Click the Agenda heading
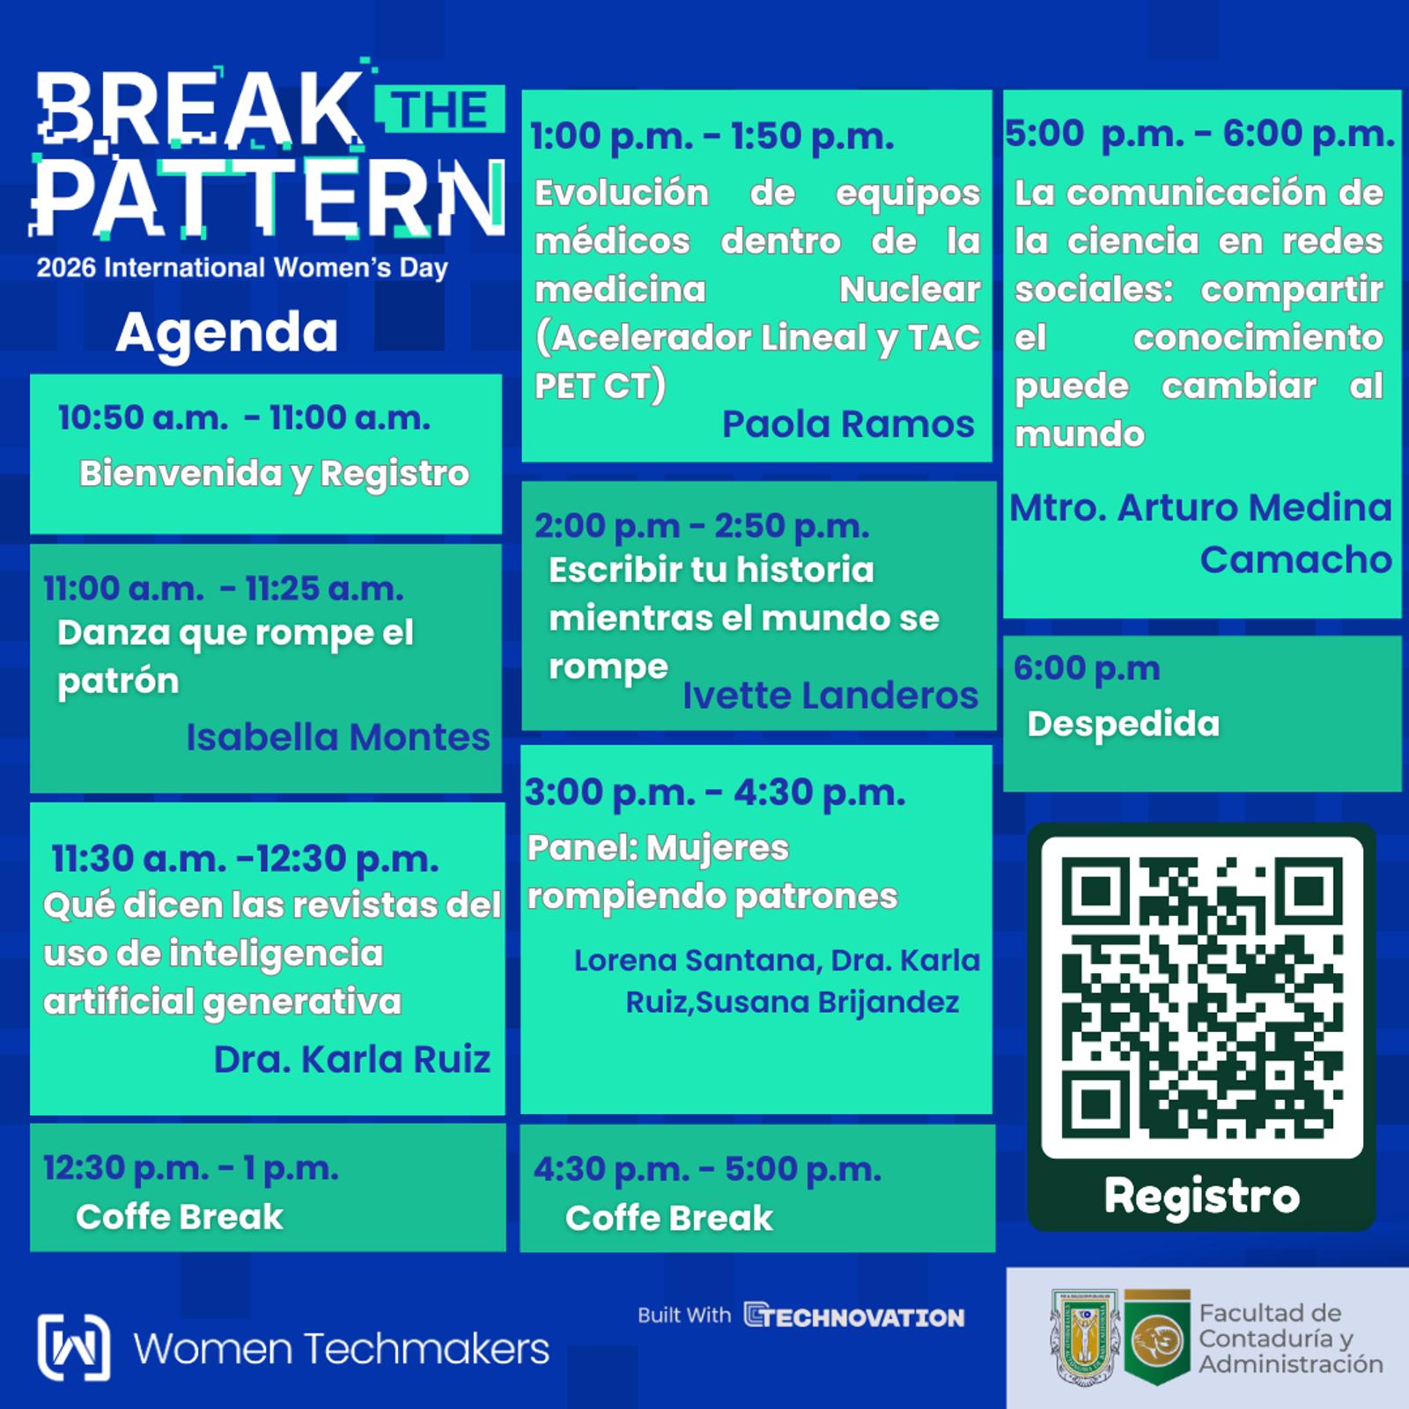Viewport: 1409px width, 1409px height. coord(226,334)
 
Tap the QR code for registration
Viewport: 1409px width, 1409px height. coord(1202,997)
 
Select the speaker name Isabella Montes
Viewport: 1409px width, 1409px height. coord(337,737)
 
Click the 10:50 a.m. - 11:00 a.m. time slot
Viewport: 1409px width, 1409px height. coord(244,417)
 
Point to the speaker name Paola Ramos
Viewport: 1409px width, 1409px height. coord(848,424)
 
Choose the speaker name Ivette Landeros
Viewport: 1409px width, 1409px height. coord(830,696)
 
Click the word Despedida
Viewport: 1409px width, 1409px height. coord(1124,724)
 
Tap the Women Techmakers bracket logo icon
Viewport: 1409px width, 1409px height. coord(74,1347)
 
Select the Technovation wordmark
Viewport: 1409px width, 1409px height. coord(854,1317)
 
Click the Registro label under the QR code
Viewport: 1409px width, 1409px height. coord(1202,1196)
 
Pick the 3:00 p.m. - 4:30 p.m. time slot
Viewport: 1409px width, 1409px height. coord(715,793)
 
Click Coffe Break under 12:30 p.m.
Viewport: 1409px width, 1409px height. coord(180,1217)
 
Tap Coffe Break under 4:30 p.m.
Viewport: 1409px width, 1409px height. coord(668,1219)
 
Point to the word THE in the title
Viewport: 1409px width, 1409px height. coord(440,110)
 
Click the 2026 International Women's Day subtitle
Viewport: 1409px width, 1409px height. coord(242,268)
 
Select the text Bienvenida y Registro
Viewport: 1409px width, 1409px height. coord(275,475)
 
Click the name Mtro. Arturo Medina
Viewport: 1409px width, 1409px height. coord(1201,508)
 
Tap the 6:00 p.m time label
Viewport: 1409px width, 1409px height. coord(1087,669)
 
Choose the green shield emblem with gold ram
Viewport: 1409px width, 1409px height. coord(1157,1337)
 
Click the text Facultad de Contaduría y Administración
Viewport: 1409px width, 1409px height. coord(1291,1339)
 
